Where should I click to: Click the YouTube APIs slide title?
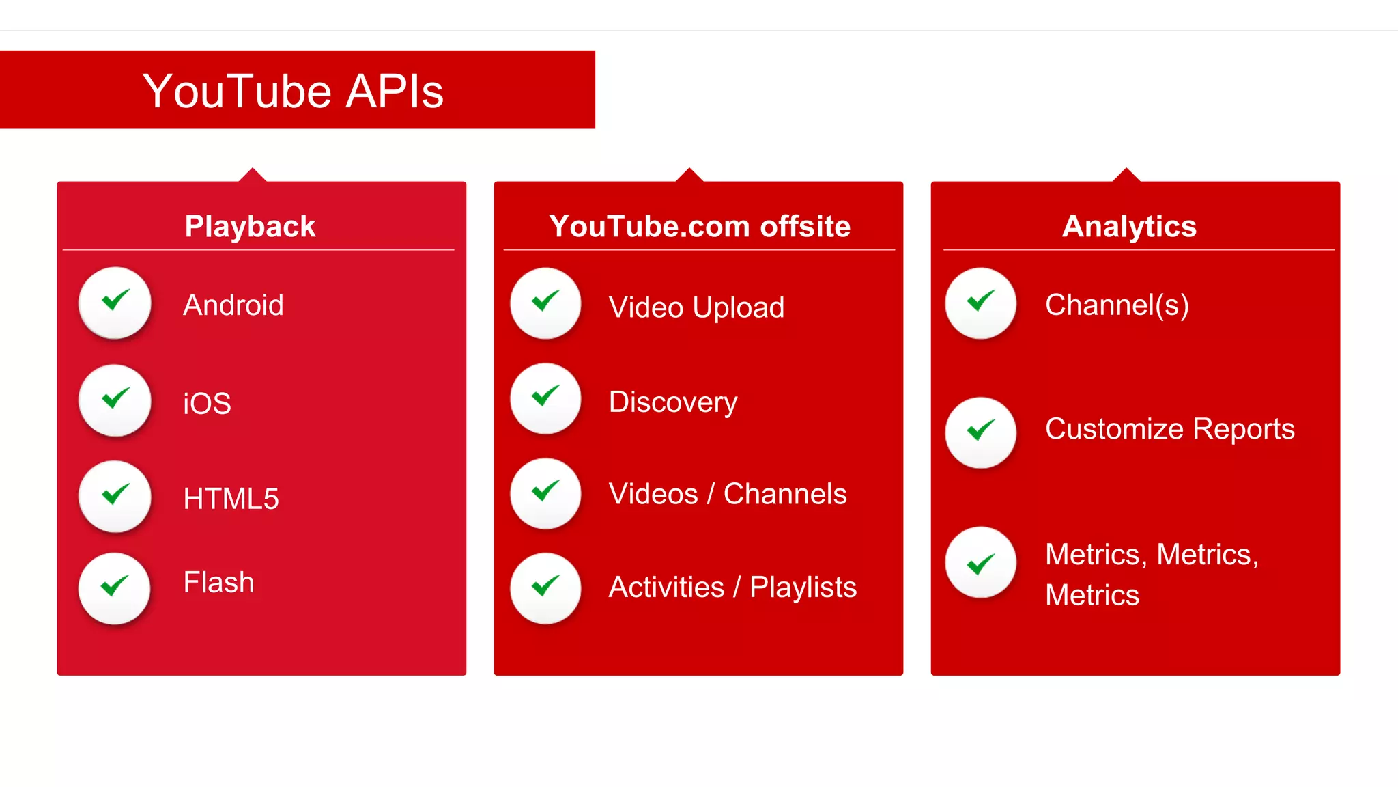(x=293, y=91)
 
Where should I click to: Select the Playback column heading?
(x=250, y=226)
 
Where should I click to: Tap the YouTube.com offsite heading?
(x=699, y=226)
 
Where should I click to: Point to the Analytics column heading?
(x=1129, y=226)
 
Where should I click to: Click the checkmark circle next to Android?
(x=115, y=302)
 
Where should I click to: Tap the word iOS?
(x=207, y=403)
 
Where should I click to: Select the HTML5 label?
(x=231, y=499)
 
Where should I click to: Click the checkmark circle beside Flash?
(x=115, y=588)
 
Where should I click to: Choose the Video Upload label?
(x=696, y=307)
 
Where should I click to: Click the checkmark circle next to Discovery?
(x=545, y=398)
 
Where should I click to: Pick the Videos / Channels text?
(x=727, y=494)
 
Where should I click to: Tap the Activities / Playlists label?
(x=732, y=588)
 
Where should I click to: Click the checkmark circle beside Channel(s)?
(x=980, y=303)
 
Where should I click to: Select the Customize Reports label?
(x=1169, y=429)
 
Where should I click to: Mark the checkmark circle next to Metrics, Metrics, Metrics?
(x=980, y=562)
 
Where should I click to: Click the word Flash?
(x=218, y=583)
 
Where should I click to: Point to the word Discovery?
(x=673, y=402)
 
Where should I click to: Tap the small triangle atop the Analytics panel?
(x=1126, y=176)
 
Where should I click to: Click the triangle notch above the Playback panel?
(x=253, y=176)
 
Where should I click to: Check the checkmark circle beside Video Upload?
(x=545, y=303)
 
